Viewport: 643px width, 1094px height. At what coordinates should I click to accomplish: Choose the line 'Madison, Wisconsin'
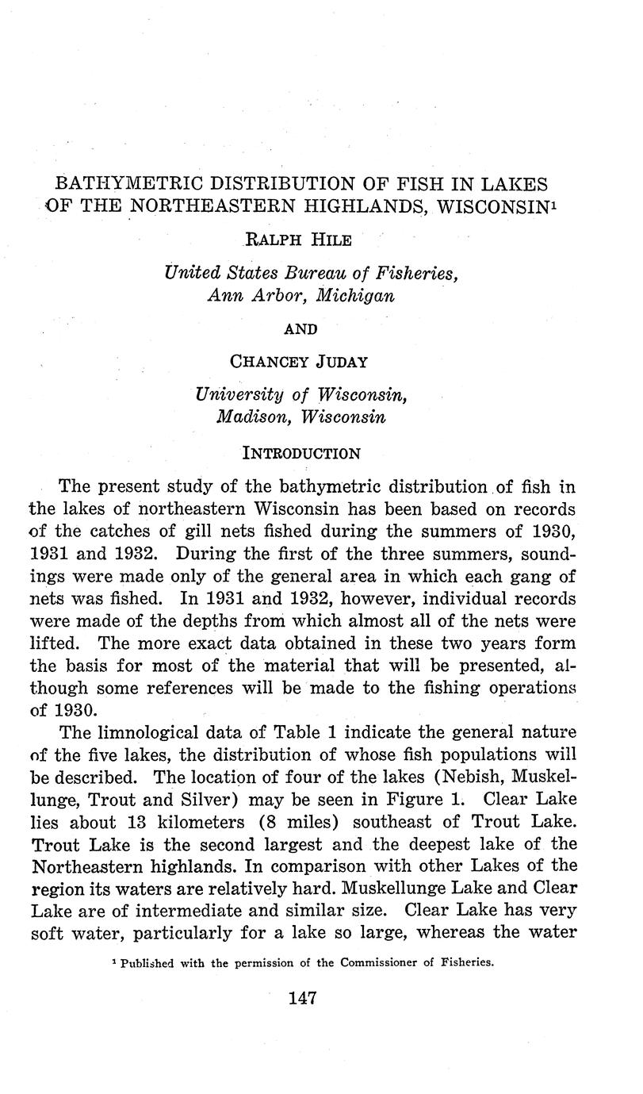click(x=300, y=416)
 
